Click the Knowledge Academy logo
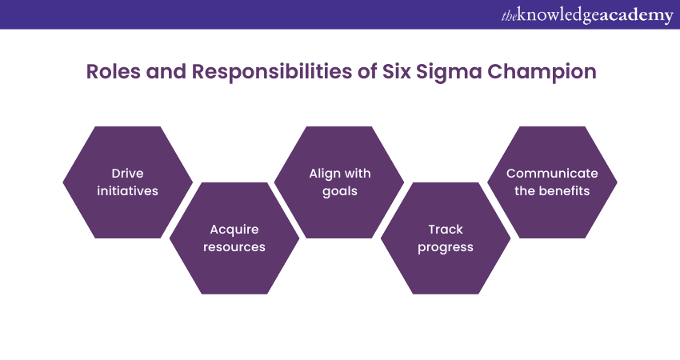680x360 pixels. pos(587,16)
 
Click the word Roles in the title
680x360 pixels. pos(113,71)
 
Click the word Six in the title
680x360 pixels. pos(396,71)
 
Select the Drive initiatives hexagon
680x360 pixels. pos(127,182)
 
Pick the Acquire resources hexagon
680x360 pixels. pos(234,238)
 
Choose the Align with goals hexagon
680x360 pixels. pos(339,182)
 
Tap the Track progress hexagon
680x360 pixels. pos(446,238)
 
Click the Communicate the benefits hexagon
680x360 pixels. pos(552,182)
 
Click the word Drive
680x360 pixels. pos(127,174)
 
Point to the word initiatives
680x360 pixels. pos(127,191)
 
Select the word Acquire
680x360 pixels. pos(234,230)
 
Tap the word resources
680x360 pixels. pos(234,247)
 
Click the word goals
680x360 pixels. pos(339,192)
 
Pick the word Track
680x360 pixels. pos(446,230)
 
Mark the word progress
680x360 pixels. pos(446,248)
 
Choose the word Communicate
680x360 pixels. pos(552,174)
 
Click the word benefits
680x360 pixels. pos(562,191)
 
